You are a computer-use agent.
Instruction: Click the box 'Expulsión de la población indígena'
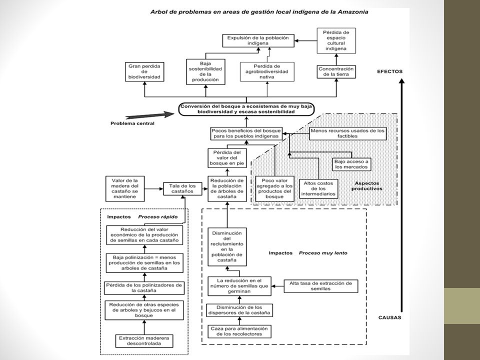click(258, 40)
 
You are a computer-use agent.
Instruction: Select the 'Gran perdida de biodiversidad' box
click(144, 71)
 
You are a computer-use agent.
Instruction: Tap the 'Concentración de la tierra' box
click(336, 71)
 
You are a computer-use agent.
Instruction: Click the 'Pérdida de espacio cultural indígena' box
click(336, 40)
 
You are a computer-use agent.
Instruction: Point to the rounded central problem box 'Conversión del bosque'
click(246, 109)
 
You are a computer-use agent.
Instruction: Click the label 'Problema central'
click(132, 123)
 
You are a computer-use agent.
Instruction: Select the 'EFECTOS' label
click(389, 71)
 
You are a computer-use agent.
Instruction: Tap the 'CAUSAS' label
click(389, 317)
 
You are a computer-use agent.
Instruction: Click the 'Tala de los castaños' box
click(182, 188)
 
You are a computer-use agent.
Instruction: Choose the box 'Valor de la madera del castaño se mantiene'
click(125, 188)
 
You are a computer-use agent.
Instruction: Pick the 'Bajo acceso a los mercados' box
click(351, 164)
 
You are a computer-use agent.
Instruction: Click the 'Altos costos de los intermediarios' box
click(318, 188)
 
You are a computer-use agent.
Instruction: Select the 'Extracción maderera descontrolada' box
click(144, 341)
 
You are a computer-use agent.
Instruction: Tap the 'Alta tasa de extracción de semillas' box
click(321, 286)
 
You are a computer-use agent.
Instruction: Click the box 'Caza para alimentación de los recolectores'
click(239, 331)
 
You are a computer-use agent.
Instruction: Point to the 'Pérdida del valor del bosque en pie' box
click(227, 158)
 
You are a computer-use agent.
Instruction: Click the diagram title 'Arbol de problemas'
click(259, 12)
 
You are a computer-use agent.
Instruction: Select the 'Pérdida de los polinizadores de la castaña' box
click(144, 288)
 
